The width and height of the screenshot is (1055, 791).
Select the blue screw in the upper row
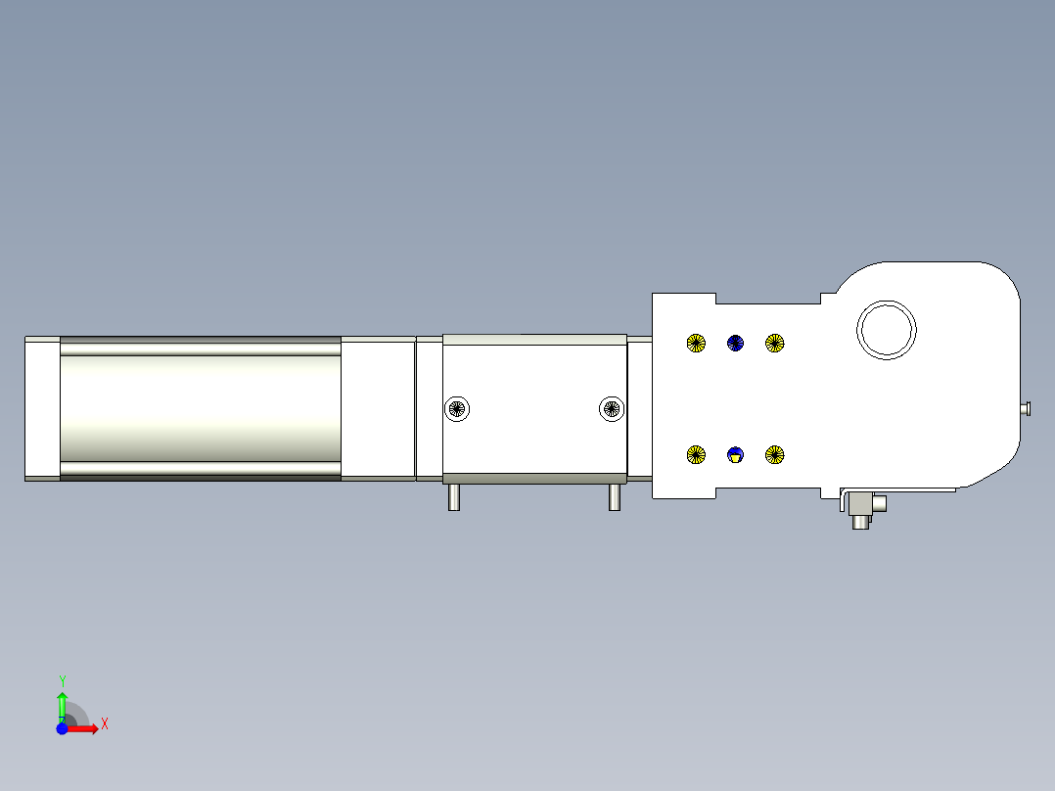[x=735, y=344]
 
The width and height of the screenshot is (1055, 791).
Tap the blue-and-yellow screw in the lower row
[x=735, y=455]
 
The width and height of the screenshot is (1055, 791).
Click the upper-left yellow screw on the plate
[x=696, y=344]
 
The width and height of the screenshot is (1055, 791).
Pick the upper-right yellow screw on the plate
[x=774, y=344]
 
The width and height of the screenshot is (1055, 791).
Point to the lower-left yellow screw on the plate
[x=696, y=455]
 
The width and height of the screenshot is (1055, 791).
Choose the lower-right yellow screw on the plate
[x=774, y=455]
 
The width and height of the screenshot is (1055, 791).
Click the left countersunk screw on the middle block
[x=458, y=408]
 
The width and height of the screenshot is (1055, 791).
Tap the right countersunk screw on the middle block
[x=612, y=408]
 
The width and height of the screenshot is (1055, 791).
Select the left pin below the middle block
[x=454, y=497]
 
